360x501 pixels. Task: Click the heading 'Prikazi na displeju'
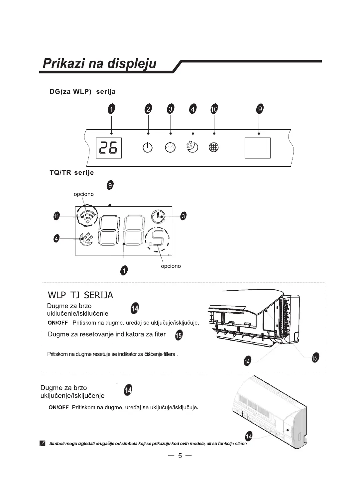[x=99, y=63]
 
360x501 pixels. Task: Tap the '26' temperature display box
[x=109, y=148]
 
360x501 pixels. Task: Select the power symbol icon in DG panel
[x=148, y=148]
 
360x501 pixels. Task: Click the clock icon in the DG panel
[x=170, y=147]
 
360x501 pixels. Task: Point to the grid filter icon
[x=213, y=148]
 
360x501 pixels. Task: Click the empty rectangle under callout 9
[x=257, y=148]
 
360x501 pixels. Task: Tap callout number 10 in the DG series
[x=214, y=109]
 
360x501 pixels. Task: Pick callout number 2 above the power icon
[x=148, y=109]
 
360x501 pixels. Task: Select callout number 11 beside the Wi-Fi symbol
[x=57, y=217]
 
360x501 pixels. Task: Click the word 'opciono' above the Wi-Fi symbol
[x=83, y=194]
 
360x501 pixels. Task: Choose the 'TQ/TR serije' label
[x=71, y=172]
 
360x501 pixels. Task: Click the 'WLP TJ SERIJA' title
[x=80, y=295]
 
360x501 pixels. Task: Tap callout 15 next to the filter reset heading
[x=179, y=335]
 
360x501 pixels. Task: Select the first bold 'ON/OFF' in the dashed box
[x=58, y=323]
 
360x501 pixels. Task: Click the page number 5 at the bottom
[x=180, y=456]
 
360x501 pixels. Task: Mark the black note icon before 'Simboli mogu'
[x=42, y=444]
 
